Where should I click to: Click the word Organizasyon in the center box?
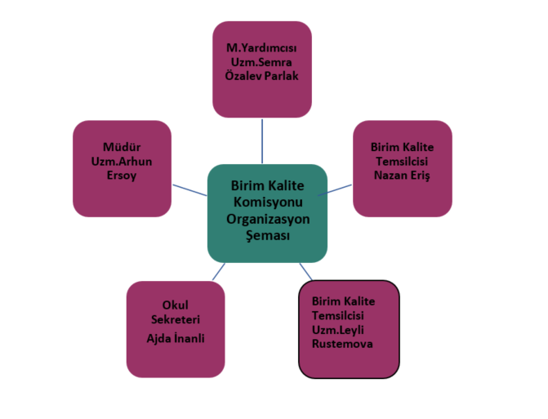point(267,219)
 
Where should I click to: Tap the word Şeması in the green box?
point(267,235)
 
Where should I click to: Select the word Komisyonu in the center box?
point(267,203)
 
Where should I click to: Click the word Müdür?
point(122,147)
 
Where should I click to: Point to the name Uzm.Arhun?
point(122,161)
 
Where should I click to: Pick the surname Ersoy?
point(122,175)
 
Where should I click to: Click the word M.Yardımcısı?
point(261,47)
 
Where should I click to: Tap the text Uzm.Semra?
point(261,61)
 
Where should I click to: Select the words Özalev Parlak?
point(261,76)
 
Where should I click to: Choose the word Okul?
point(175,305)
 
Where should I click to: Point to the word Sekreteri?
point(175,319)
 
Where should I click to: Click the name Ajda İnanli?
point(175,337)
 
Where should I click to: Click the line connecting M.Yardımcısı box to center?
point(262,140)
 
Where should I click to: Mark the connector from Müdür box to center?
point(189,189)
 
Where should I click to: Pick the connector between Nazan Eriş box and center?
point(339,189)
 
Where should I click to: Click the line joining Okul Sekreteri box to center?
point(218,272)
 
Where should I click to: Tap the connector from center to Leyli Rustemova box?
point(305,270)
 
